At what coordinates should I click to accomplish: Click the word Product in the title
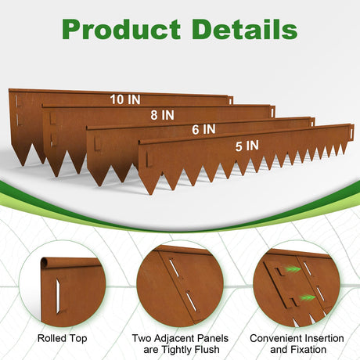tap(121, 29)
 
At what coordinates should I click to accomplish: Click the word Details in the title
tap(246, 29)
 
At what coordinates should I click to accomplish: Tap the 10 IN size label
tap(125, 99)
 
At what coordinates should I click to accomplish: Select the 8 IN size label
tap(162, 115)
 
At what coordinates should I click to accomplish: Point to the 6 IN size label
tap(203, 129)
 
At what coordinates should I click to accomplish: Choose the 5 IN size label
tap(247, 146)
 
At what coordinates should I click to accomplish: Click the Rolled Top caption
tap(62, 338)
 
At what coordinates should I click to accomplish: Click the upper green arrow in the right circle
tap(292, 269)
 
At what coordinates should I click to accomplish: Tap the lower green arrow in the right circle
tap(308, 297)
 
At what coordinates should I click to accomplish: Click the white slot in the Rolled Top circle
tap(58, 296)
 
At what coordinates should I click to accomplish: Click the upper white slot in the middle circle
tap(174, 267)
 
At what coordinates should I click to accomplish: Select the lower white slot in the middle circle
tap(191, 301)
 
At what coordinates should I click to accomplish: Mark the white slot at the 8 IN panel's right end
tap(272, 113)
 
